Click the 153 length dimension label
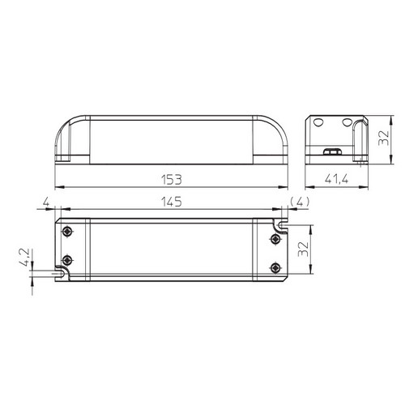[x=172, y=180]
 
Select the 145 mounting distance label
[x=172, y=202]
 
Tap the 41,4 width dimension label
[x=336, y=179]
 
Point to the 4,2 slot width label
[x=25, y=258]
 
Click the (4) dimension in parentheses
[x=300, y=202]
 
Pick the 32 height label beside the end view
[x=383, y=138]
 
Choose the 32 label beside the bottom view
[x=303, y=249]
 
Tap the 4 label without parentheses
[x=46, y=202]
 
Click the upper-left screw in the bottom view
[x=67, y=232]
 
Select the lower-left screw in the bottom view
[x=67, y=261]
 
